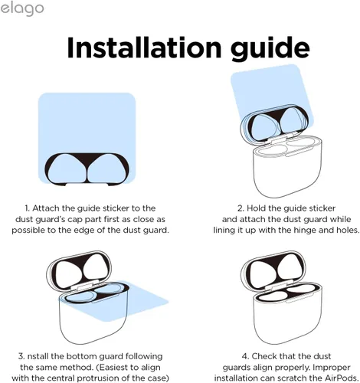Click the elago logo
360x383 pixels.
22,9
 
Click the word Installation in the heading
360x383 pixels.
144,48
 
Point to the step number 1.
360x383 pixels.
27,208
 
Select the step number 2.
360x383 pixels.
241,208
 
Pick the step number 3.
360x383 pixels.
21,356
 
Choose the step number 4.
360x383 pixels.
245,356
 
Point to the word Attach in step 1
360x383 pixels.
46,208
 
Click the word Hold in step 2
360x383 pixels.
256,208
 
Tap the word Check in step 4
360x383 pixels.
264,356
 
